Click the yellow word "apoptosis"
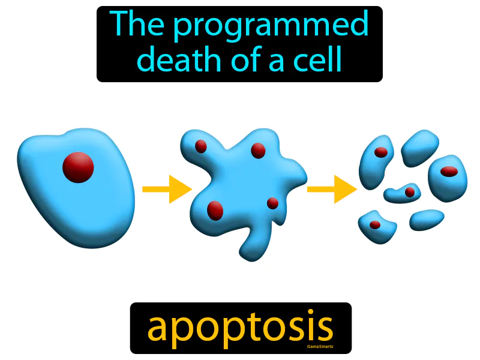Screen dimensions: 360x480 click(x=240, y=327)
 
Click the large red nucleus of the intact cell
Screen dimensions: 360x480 click(x=78, y=167)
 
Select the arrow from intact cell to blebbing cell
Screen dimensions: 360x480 click(x=166, y=189)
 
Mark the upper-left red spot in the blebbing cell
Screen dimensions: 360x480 click(x=201, y=146)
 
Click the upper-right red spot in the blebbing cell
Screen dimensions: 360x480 click(x=258, y=150)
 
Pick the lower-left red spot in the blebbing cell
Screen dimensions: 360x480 click(x=215, y=211)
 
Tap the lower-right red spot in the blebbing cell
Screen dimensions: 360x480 click(x=272, y=203)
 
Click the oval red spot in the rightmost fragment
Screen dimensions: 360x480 click(x=449, y=172)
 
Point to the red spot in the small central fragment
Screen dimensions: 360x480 click(x=410, y=192)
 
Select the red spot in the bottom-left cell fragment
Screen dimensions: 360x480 click(x=375, y=225)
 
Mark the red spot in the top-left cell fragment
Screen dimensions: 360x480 click(x=381, y=152)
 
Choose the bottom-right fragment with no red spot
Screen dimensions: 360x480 click(x=427, y=219)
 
